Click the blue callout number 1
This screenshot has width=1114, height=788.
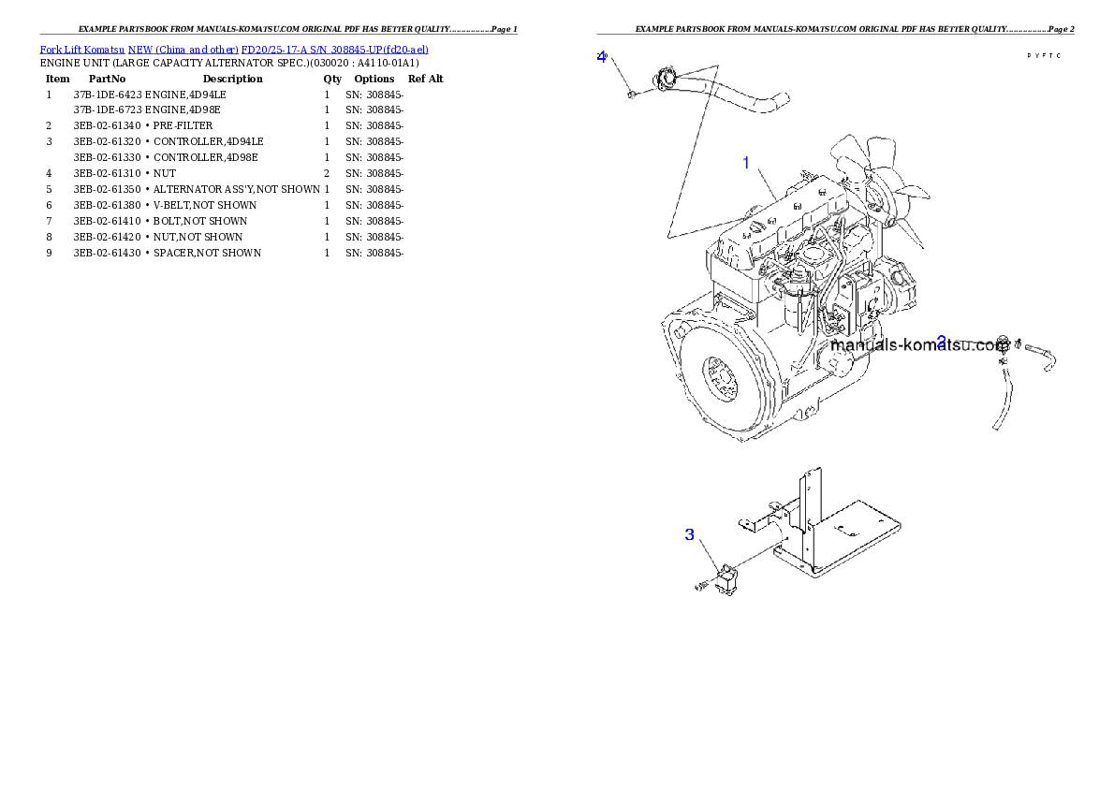(746, 163)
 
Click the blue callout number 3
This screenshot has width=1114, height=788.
(690, 534)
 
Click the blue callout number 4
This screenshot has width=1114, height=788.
(602, 56)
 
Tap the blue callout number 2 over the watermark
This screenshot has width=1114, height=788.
(942, 342)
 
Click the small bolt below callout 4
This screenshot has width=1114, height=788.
(631, 93)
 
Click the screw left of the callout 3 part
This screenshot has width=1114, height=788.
(702, 586)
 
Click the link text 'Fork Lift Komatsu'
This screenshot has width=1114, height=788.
(82, 49)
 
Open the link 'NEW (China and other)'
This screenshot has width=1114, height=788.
(183, 49)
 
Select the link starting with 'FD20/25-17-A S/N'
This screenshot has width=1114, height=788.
(334, 49)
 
